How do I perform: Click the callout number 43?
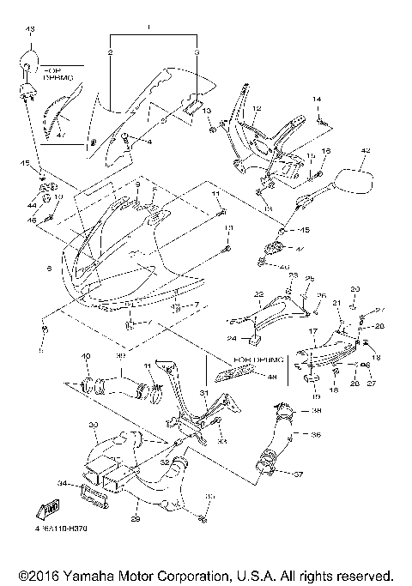tap(31, 30)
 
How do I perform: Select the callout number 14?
tap(317, 101)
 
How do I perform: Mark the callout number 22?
tap(257, 294)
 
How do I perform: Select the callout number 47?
tap(59, 135)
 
